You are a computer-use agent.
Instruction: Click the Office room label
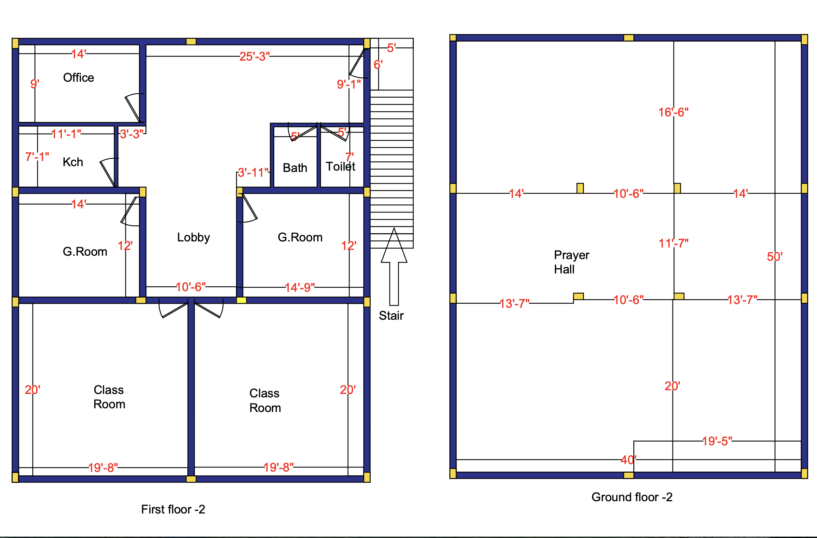[x=78, y=78]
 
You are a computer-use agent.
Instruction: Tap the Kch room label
[x=73, y=162]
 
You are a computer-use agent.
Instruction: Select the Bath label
[x=295, y=168]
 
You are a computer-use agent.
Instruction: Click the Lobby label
[x=193, y=237]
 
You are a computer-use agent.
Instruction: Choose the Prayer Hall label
[x=571, y=262]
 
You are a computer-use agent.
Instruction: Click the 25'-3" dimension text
[x=255, y=56]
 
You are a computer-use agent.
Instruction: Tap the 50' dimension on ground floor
[x=775, y=257]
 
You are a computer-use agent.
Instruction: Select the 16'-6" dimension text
[x=673, y=112]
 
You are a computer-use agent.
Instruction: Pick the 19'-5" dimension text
[x=717, y=441]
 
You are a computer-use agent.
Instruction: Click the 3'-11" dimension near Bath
[x=253, y=172]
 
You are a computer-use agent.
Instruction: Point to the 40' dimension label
[x=628, y=460]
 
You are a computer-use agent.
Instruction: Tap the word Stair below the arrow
[x=391, y=316]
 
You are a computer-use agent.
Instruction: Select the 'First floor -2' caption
[x=173, y=509]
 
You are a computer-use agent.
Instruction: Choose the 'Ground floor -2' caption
[x=632, y=497]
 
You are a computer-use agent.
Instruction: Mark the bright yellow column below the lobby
[x=241, y=300]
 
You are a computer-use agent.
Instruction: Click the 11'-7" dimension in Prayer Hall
[x=673, y=243]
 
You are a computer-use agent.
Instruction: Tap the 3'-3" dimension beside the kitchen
[x=132, y=134]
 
